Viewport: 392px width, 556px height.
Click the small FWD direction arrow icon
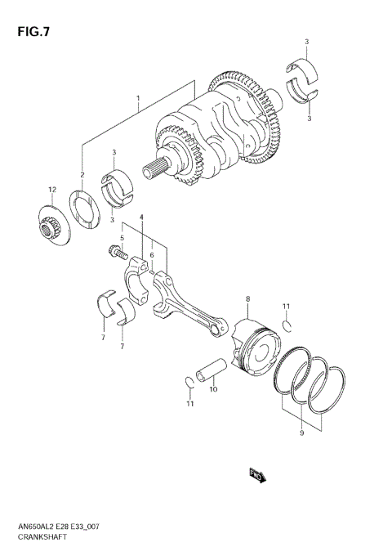pos(255,473)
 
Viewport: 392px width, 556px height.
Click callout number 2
pos(82,175)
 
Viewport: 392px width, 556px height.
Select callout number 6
pos(151,255)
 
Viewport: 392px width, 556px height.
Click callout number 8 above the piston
pos(247,300)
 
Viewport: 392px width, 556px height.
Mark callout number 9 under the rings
pos(303,434)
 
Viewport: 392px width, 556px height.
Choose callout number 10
pos(213,389)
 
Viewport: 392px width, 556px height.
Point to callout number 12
pos(51,190)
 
